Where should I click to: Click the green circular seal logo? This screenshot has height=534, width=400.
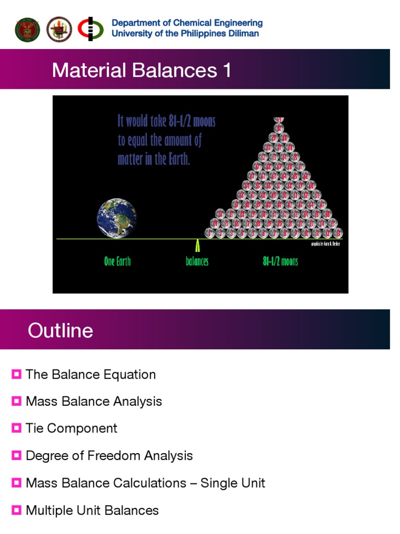pyautogui.click(x=27, y=29)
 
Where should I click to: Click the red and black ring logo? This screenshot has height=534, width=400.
pyautogui.click(x=91, y=29)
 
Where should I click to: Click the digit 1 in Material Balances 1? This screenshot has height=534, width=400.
pyautogui.click(x=227, y=70)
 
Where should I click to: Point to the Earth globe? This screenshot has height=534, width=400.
pyautogui.click(x=117, y=219)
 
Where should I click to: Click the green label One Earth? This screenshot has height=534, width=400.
pyautogui.click(x=117, y=261)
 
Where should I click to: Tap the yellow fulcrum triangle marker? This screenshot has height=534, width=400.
pyautogui.click(x=197, y=246)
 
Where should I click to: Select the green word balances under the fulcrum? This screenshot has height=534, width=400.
pyautogui.click(x=197, y=261)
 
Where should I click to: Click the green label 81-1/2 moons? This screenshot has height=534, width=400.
pyautogui.click(x=280, y=261)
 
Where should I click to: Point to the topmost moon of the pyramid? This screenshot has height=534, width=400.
pyautogui.click(x=280, y=120)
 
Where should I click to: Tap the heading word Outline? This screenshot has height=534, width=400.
pyautogui.click(x=60, y=331)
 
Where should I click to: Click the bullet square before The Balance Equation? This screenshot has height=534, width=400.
pyautogui.click(x=17, y=374)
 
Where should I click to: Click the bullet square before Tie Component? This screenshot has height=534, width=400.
pyautogui.click(x=17, y=428)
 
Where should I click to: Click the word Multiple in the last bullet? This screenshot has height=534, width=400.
pyautogui.click(x=48, y=510)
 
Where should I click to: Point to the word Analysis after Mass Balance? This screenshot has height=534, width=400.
pyautogui.click(x=139, y=402)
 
